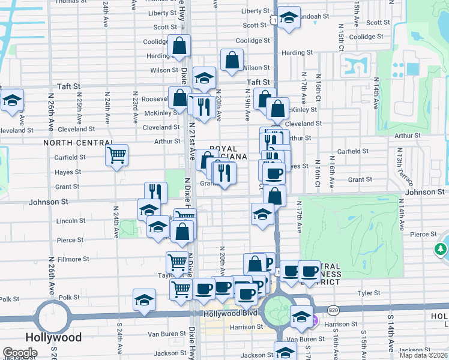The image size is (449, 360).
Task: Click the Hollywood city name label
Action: [x=54, y=337]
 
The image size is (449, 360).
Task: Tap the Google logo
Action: [x=20, y=353]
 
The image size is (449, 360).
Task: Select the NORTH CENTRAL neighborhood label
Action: [x=70, y=143]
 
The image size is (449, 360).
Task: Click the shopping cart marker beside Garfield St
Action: [x=116, y=155]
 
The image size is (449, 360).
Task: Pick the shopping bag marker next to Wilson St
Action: [x=232, y=60]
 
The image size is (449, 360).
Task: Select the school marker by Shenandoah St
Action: [x=289, y=18]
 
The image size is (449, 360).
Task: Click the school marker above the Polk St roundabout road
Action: [x=145, y=300]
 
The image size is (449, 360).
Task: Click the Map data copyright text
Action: [x=423, y=355]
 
